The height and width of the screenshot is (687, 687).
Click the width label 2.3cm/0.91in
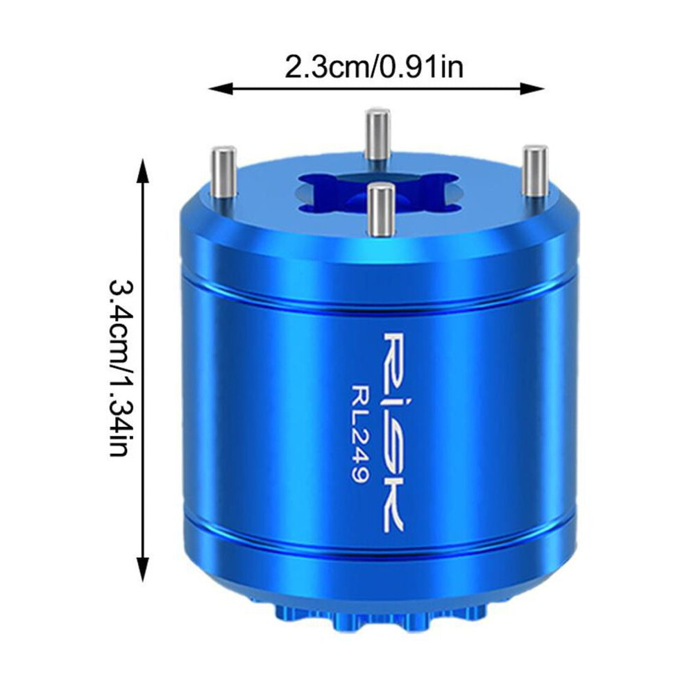pos(374,67)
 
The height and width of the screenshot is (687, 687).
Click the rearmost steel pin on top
pos(378,135)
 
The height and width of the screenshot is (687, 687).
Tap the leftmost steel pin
pos(224,172)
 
